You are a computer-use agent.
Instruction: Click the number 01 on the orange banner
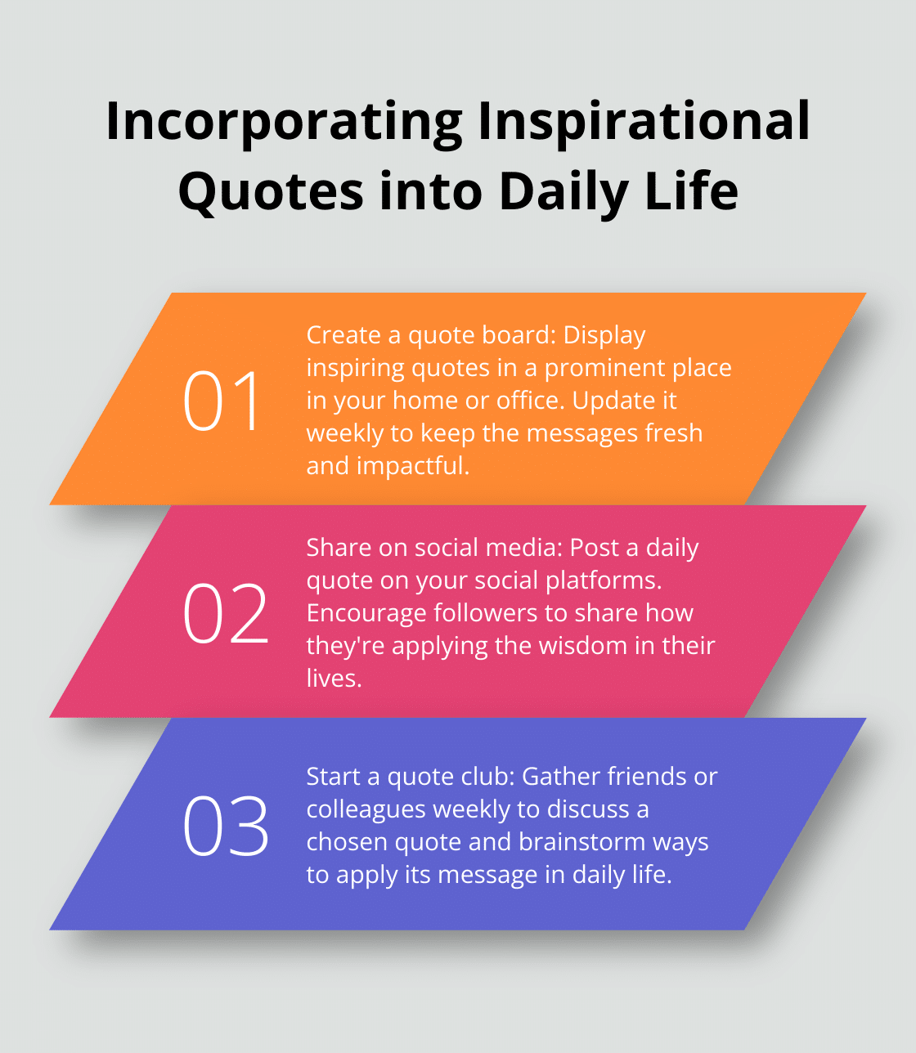point(222,401)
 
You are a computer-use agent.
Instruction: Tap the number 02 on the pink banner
point(226,613)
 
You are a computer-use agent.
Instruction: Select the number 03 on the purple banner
point(226,826)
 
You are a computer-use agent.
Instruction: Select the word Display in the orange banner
point(604,335)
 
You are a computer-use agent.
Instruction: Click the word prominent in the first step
point(605,368)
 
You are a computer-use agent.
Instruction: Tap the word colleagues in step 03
point(366,809)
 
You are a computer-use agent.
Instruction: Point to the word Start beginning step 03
point(332,777)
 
